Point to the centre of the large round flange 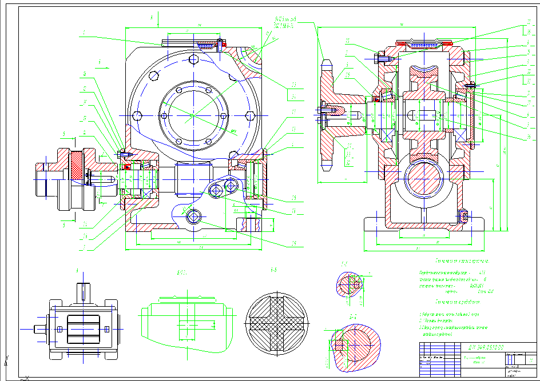(192, 116)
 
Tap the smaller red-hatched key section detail (348, 284)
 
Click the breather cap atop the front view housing (194, 43)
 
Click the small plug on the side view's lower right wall (463, 216)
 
